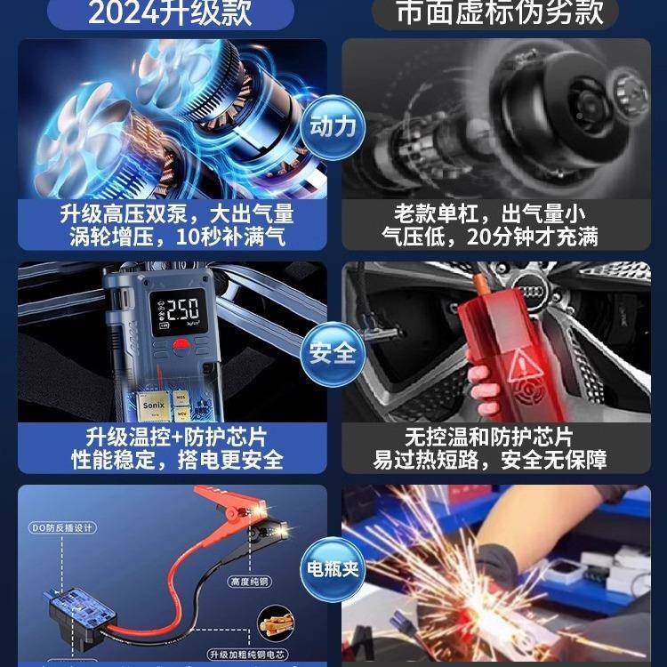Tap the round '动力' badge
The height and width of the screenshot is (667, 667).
(x=333, y=125)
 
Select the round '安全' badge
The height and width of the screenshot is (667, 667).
(x=333, y=353)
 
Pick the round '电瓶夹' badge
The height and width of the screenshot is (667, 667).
(x=333, y=567)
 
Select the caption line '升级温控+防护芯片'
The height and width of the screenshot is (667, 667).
(x=177, y=438)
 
